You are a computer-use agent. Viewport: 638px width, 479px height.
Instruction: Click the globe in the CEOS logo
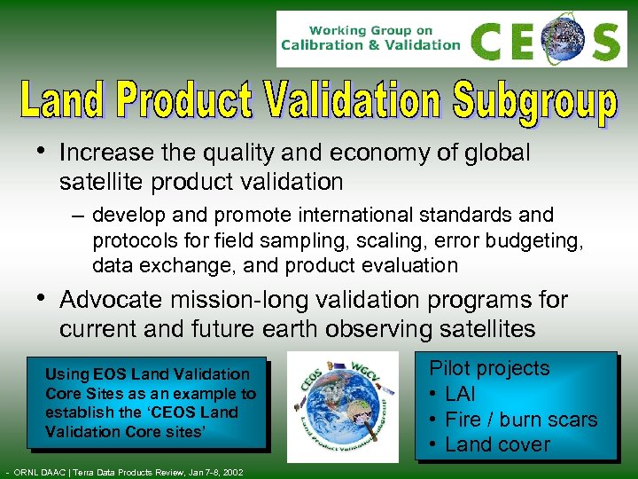563,39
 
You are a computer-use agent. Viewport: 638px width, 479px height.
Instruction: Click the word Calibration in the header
321,45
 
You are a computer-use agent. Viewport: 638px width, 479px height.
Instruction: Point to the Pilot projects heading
489,368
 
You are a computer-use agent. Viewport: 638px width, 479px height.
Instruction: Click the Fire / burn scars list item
521,420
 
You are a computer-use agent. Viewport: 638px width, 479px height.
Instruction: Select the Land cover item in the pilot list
497,444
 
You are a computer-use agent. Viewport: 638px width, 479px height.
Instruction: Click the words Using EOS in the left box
78,374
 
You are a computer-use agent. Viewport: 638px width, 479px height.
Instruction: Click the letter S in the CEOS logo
605,40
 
